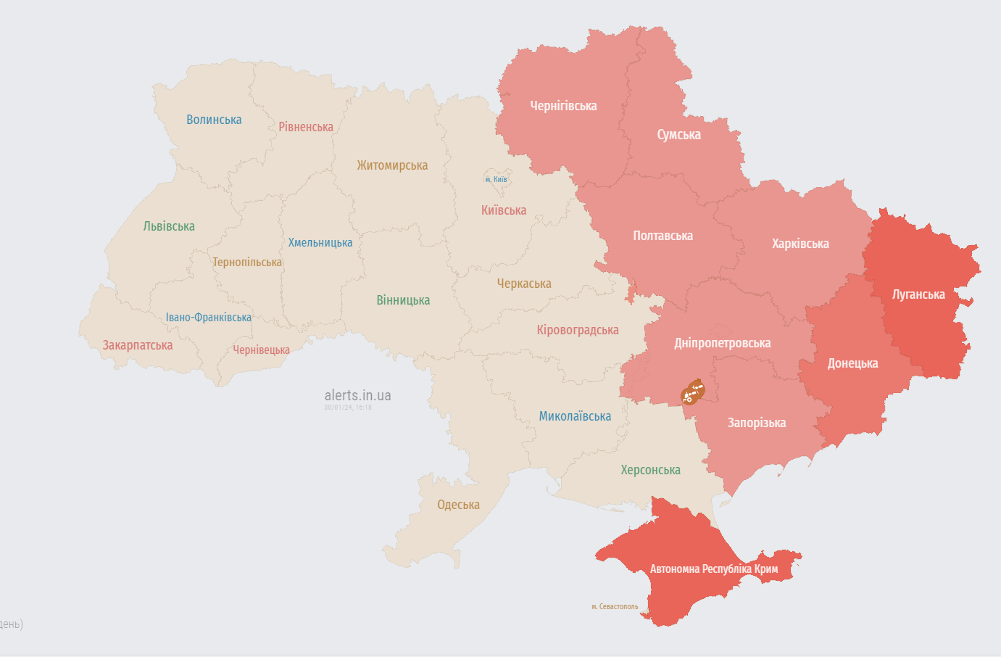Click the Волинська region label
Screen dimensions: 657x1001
point(214,120)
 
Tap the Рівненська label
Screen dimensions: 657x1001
point(306,127)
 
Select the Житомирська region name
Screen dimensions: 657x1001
point(392,165)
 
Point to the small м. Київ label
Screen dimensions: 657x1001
point(497,179)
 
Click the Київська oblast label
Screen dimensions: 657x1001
point(504,210)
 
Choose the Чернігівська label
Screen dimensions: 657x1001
point(563,106)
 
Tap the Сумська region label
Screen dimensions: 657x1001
point(678,135)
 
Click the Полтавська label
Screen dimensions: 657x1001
point(663,236)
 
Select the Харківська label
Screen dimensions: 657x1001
point(800,244)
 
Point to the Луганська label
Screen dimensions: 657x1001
point(918,294)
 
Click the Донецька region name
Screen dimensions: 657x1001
point(852,363)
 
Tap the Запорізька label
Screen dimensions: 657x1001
point(756,423)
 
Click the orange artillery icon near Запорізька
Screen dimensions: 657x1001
point(692,392)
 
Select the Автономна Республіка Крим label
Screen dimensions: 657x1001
point(713,569)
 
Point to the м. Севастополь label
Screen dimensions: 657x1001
point(615,606)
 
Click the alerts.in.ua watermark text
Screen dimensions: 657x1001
point(357,395)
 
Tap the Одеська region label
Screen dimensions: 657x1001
point(458,505)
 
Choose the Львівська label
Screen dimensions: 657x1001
point(169,226)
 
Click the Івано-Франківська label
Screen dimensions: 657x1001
point(208,318)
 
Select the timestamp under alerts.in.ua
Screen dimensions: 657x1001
point(348,408)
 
